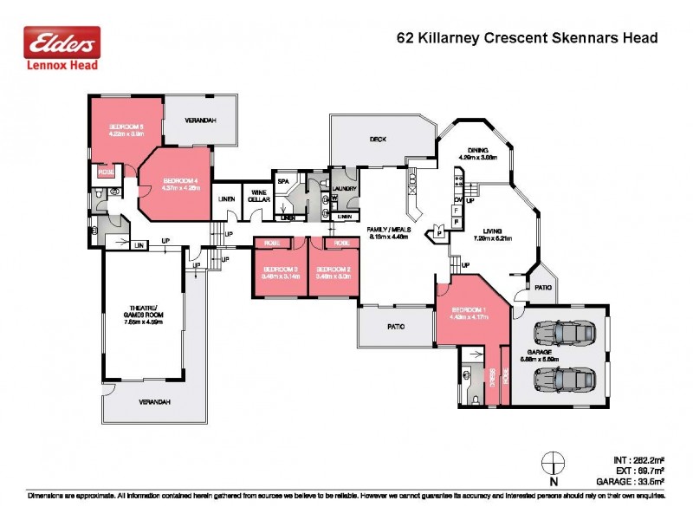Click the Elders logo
61,48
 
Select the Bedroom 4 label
181,185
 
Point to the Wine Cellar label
258,196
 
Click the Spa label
282,181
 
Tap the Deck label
377,139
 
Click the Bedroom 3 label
281,272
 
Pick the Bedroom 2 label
335,272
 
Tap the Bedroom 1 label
468,313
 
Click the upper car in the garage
563,333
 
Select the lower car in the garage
563,378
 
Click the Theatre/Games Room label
144,316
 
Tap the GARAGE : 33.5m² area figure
630,480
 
